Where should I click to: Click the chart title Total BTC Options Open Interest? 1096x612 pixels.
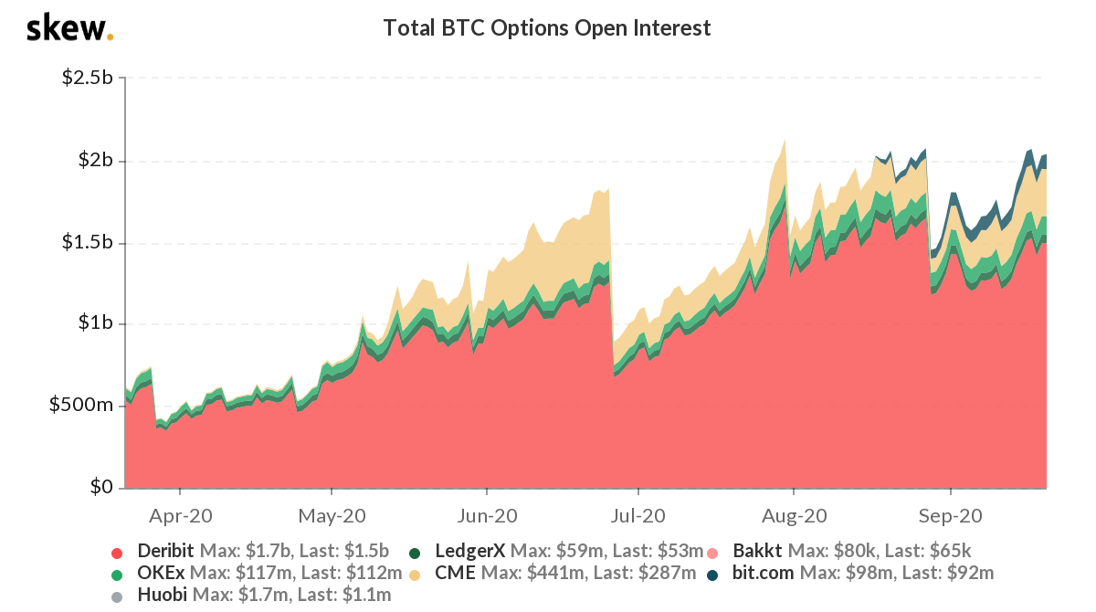546,28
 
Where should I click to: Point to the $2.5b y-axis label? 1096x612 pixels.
87,78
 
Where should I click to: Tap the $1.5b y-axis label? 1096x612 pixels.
87,243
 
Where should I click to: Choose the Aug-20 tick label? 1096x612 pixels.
793,516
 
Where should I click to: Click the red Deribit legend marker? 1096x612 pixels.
116,553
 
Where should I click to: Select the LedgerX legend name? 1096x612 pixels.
470,551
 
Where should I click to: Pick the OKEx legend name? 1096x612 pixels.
161,574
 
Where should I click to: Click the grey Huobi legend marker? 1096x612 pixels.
116,597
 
